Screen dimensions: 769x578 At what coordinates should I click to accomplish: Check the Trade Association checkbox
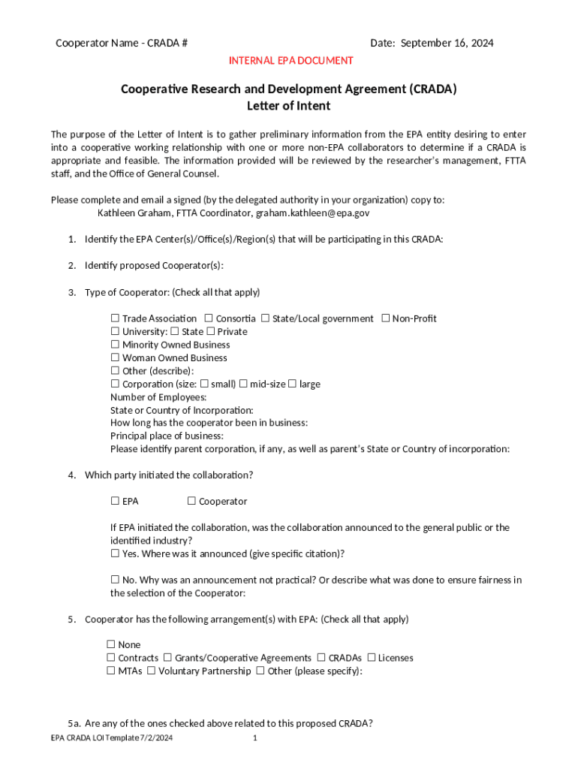[x=115, y=318]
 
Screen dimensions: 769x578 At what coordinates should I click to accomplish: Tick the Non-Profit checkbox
[x=385, y=318]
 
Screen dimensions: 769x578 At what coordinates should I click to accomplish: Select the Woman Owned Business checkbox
[x=115, y=358]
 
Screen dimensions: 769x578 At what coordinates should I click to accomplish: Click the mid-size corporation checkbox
[x=243, y=384]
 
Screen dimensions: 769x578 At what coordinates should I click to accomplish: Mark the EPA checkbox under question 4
[x=115, y=501]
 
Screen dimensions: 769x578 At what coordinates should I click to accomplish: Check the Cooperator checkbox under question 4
[x=191, y=501]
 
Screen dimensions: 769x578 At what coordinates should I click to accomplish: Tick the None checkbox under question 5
[x=110, y=644]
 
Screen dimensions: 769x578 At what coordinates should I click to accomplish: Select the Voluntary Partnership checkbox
[x=152, y=671]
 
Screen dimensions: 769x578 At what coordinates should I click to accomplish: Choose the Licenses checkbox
[x=371, y=658]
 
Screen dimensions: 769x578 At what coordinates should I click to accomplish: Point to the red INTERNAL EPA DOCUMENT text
[x=291, y=60]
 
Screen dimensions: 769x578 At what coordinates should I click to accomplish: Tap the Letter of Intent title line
[x=288, y=106]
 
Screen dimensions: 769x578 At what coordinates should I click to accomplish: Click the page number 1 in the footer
[x=255, y=738]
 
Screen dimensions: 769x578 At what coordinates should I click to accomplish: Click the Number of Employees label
[x=158, y=397]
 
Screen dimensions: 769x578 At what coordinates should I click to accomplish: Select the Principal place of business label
[x=167, y=436]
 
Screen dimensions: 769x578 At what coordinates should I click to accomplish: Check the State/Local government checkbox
[x=266, y=318]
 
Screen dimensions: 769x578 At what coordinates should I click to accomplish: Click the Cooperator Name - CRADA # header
[x=121, y=43]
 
